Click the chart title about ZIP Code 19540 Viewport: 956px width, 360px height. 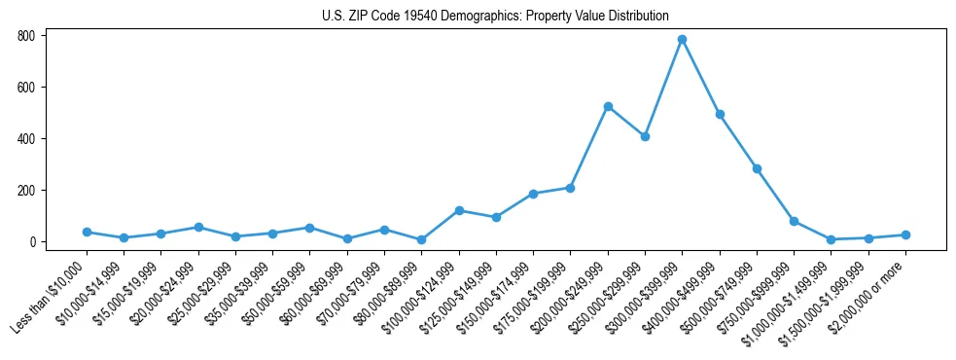495,16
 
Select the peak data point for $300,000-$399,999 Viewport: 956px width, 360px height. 683,39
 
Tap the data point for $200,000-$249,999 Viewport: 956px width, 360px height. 608,106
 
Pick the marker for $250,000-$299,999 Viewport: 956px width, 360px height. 645,136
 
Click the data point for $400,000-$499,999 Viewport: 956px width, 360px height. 720,114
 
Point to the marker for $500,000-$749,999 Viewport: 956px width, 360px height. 757,168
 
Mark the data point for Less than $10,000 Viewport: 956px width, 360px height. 87,232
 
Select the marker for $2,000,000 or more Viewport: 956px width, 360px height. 905,234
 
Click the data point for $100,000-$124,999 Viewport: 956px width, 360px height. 459,210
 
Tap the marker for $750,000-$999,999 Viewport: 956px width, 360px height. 794,221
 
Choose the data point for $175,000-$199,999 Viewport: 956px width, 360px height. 570,188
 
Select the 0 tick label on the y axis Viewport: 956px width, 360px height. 33,242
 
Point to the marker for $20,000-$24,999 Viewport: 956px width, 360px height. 198,227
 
